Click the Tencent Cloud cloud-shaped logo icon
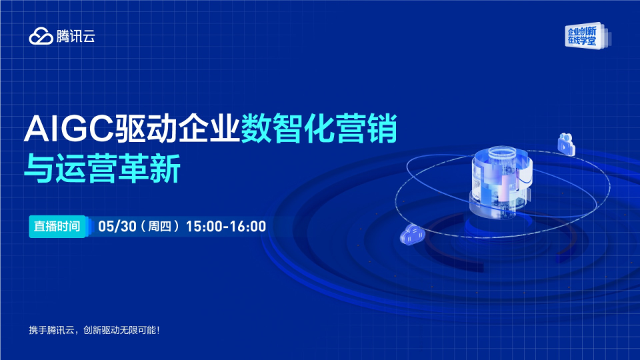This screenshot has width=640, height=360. [x=41, y=36]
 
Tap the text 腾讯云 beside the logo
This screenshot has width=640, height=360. [x=75, y=36]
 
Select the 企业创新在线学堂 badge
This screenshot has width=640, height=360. [x=587, y=36]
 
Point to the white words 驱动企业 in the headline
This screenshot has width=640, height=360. [x=177, y=129]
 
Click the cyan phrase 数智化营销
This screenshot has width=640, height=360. [x=319, y=129]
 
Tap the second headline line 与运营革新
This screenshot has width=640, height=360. [x=103, y=169]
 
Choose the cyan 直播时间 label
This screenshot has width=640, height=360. [x=57, y=226]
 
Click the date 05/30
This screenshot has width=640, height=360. [x=117, y=227]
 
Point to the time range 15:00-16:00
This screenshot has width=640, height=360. [x=226, y=227]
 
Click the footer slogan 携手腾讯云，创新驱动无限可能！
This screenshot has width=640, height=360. [x=94, y=330]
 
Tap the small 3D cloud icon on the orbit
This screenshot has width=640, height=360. [x=412, y=235]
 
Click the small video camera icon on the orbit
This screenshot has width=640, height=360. [x=567, y=144]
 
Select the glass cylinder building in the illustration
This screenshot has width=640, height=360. [x=501, y=183]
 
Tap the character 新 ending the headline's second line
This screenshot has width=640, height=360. [x=166, y=169]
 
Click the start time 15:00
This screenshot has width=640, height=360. [x=205, y=227]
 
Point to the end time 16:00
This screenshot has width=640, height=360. [x=248, y=227]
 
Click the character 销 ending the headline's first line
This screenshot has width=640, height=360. [x=382, y=129]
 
